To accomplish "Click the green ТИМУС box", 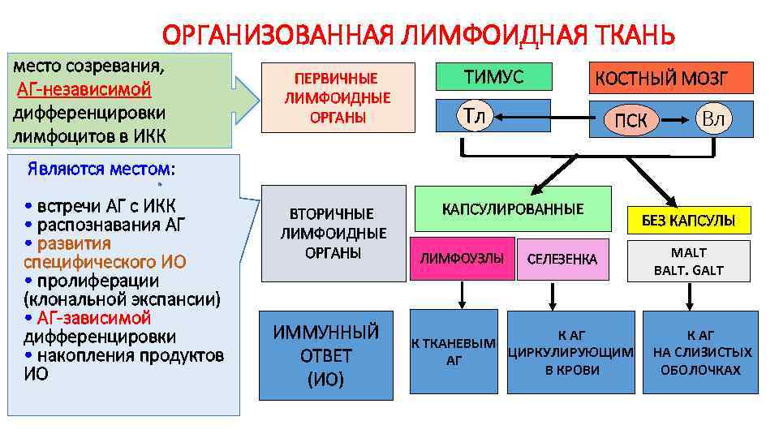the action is point(493,77).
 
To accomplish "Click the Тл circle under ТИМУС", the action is point(473,118).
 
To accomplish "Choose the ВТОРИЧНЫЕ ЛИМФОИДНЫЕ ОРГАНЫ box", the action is point(333,234).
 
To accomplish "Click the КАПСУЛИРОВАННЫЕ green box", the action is point(512,209).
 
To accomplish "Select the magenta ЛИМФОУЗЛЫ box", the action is point(462,259).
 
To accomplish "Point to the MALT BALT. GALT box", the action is point(688,261).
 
